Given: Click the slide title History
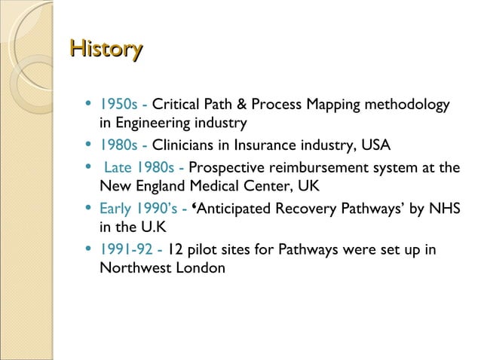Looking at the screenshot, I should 106,50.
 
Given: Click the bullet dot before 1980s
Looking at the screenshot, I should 90,145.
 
